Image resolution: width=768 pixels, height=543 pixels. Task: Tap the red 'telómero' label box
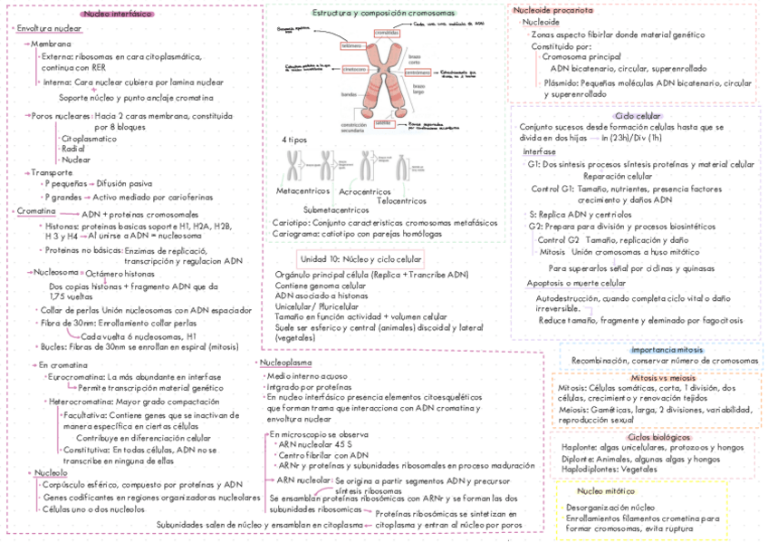[350, 45]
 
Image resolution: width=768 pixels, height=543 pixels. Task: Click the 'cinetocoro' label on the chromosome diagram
[354, 68]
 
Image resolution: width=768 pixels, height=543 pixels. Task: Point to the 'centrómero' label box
[418, 69]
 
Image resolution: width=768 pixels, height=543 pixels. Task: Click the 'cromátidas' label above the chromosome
[387, 34]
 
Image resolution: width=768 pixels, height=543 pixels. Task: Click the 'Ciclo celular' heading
[638, 116]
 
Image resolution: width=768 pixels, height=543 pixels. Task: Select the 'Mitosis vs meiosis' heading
[663, 377]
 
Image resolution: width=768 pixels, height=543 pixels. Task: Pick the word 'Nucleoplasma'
[288, 363]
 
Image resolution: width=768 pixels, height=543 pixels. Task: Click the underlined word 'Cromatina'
[35, 211]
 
